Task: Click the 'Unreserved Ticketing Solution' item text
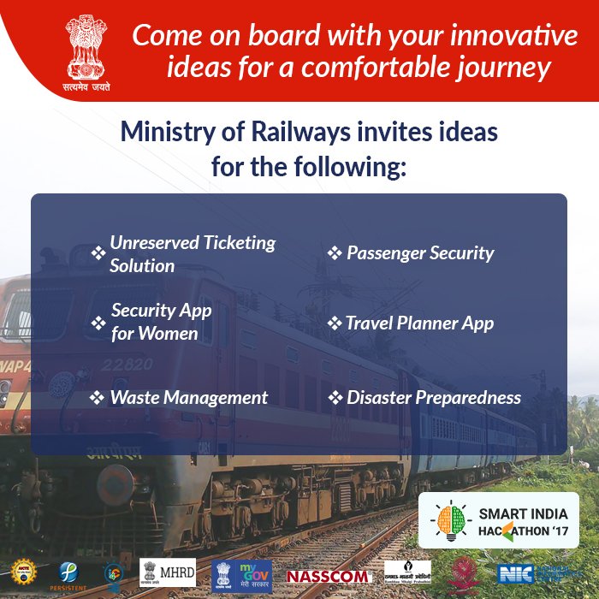click(x=193, y=254)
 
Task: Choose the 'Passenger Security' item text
click(x=420, y=253)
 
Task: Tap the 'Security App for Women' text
click(x=161, y=322)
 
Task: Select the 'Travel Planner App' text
click(x=419, y=323)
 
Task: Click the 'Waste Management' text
click(x=188, y=398)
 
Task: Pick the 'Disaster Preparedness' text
click(x=433, y=398)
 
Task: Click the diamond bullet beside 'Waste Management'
click(x=98, y=399)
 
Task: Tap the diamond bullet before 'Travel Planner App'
click(x=335, y=324)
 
